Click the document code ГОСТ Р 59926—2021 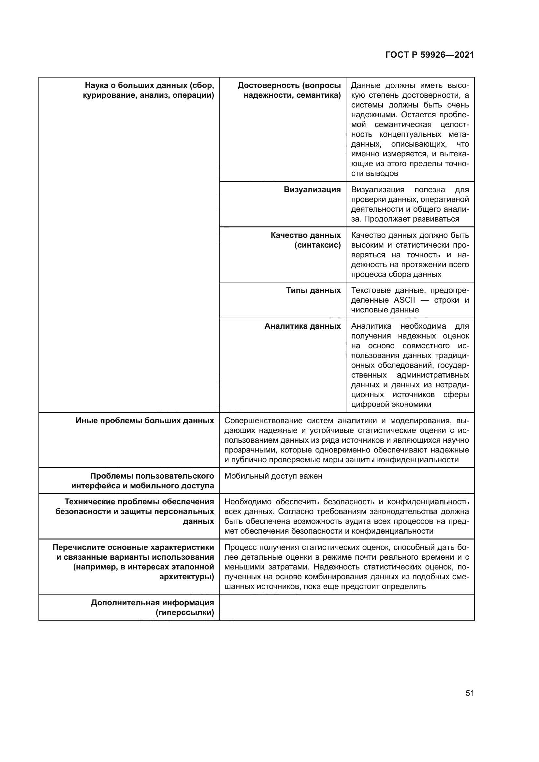(430, 55)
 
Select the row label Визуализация (312, 190)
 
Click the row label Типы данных (313, 290)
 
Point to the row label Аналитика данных (302, 326)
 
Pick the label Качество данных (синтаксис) (306, 240)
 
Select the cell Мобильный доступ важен (273, 476)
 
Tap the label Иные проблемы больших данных (145, 421)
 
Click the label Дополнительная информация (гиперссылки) (152, 607)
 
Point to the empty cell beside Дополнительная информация (346, 607)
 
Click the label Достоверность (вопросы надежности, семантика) (289, 90)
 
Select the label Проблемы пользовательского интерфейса (143, 481)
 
